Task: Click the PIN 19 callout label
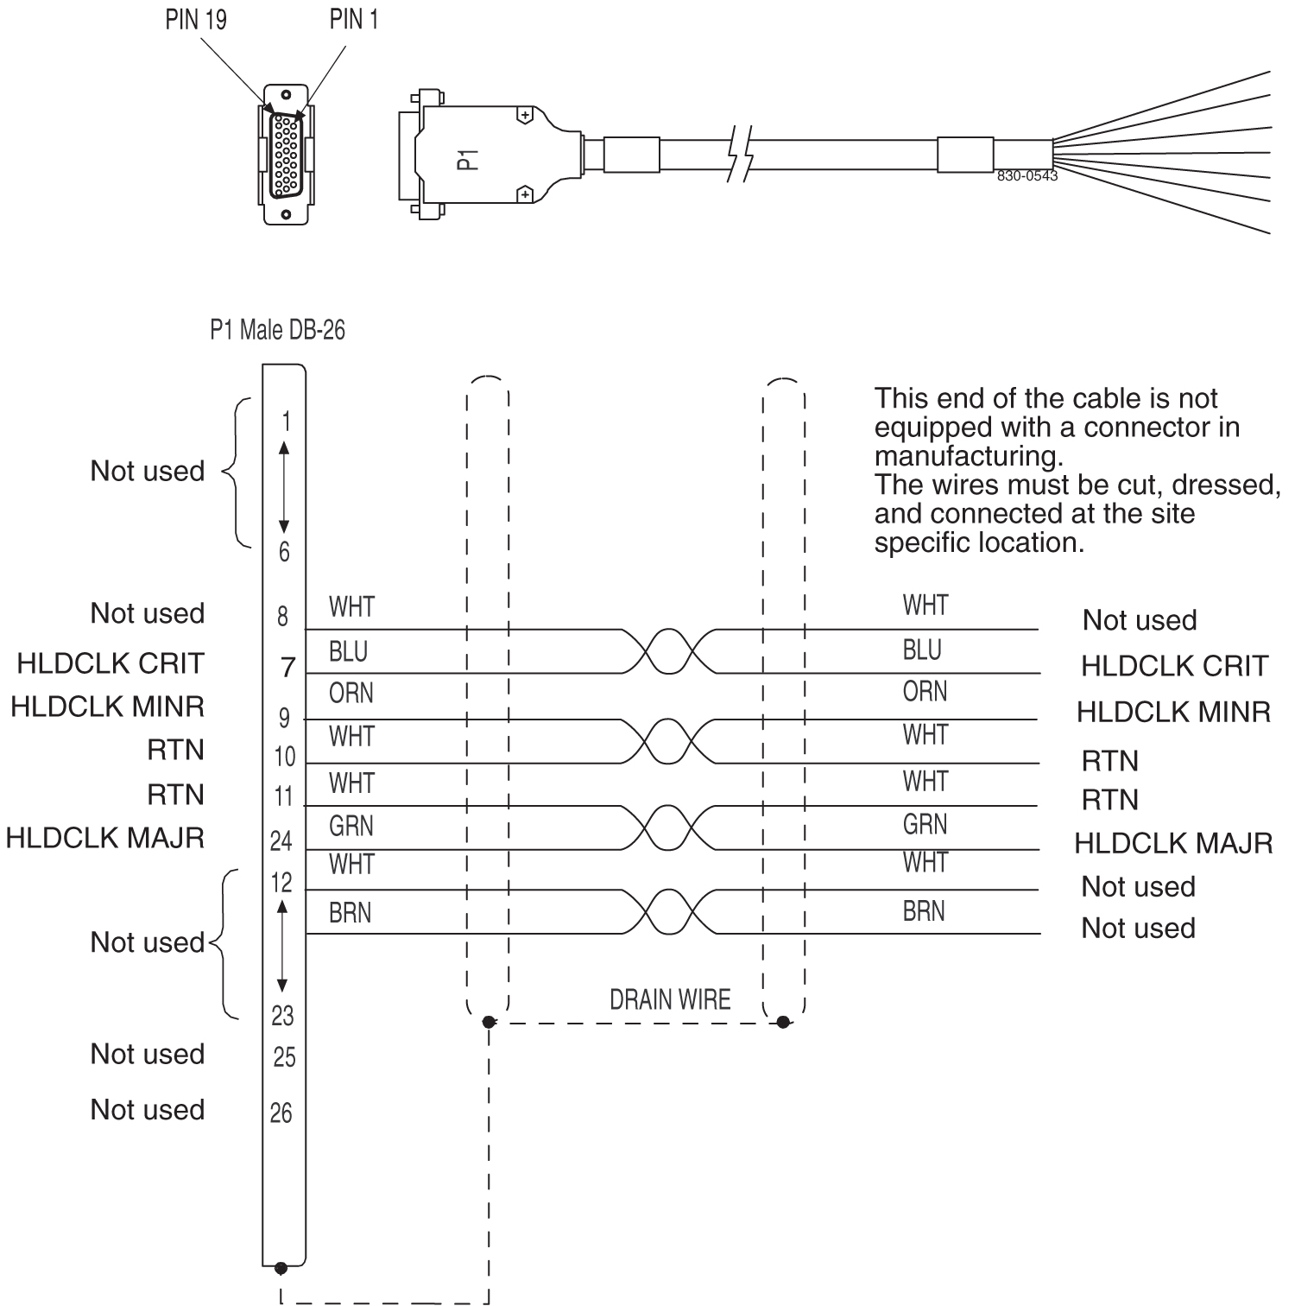[196, 20]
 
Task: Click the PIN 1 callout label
[353, 20]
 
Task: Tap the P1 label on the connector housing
[467, 158]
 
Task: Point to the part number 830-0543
[1027, 175]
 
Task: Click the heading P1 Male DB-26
[277, 330]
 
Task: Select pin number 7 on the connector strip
[287, 667]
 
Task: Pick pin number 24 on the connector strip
[282, 840]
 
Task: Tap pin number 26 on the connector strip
[282, 1113]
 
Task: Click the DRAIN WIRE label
[670, 999]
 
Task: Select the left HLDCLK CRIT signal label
[111, 663]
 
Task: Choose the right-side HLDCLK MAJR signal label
[1173, 842]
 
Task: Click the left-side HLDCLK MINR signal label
[107, 707]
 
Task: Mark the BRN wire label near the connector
[350, 913]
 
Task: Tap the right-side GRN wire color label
[925, 825]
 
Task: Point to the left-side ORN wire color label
[351, 694]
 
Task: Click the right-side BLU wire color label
[922, 650]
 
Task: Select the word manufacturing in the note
[968, 455]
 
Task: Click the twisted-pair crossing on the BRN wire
[669, 911]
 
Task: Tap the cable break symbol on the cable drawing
[741, 155]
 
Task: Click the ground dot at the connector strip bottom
[280, 1268]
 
